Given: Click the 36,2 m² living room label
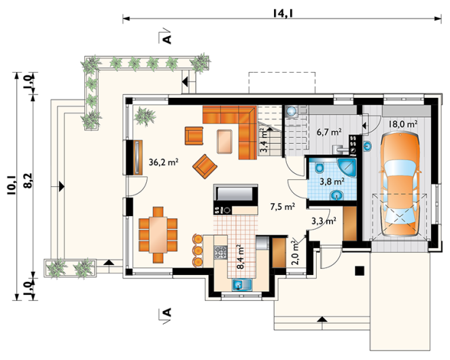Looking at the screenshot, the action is click(x=164, y=162).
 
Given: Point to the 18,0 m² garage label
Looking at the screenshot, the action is click(x=403, y=124).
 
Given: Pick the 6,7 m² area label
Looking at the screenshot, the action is click(x=329, y=132).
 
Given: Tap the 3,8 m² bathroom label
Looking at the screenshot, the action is click(x=332, y=181).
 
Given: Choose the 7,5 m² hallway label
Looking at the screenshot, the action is click(x=283, y=206).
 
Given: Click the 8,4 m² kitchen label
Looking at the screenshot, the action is click(x=241, y=257).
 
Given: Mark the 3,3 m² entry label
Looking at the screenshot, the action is click(x=324, y=221).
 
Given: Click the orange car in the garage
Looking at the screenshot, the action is click(x=400, y=184).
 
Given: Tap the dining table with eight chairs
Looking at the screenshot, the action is click(x=158, y=234).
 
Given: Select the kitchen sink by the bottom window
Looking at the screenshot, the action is click(x=242, y=285).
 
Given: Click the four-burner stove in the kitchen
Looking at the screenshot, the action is click(x=220, y=252).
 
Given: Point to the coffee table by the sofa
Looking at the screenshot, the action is click(x=224, y=141).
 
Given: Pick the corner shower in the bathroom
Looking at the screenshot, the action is click(x=347, y=166).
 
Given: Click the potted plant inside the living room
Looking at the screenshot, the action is click(x=144, y=115).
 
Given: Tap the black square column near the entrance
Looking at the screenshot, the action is click(x=360, y=271).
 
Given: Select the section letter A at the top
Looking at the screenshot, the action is click(x=167, y=39).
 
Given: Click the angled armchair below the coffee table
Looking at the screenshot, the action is click(x=205, y=166).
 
